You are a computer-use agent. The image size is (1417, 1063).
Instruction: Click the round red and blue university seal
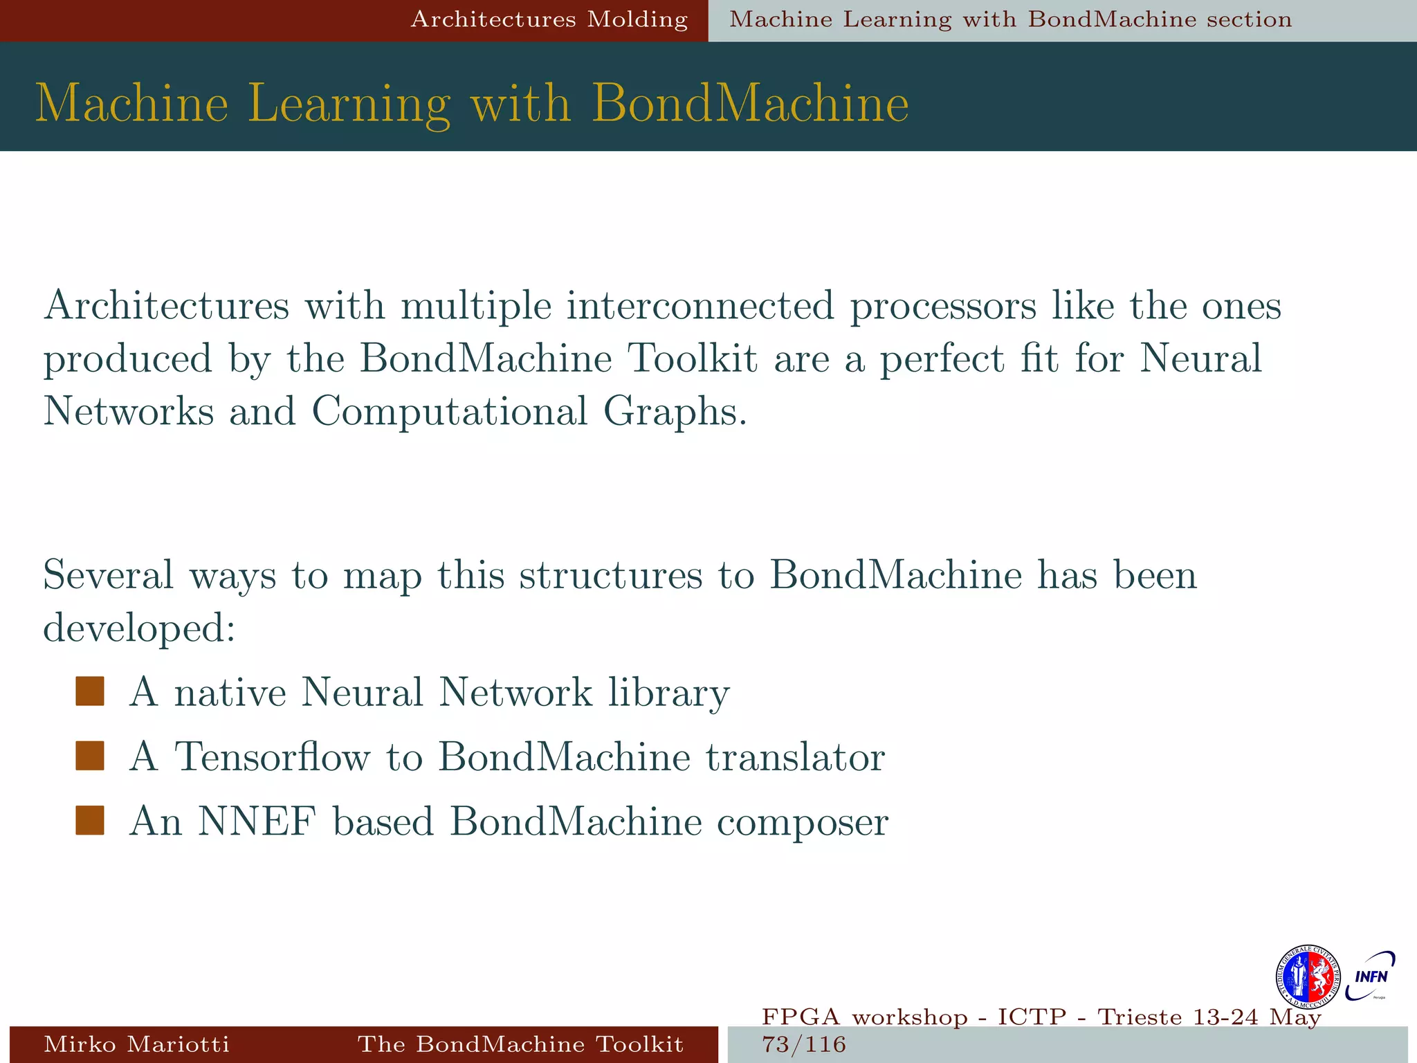1307,976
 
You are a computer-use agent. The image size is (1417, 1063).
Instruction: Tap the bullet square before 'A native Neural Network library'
90,691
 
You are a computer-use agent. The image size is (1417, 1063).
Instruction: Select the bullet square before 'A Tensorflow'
90,756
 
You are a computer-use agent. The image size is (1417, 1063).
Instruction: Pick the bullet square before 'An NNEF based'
90,821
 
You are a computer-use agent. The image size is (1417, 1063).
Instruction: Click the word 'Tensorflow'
272,756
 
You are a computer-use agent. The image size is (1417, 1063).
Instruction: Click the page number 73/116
803,1044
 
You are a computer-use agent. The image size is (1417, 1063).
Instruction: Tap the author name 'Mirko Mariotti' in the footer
136,1044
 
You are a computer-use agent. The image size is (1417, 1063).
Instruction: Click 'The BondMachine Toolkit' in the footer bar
520,1044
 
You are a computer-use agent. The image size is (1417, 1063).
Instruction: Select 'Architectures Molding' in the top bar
549,19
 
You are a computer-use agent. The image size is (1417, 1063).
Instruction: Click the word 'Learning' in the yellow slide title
349,104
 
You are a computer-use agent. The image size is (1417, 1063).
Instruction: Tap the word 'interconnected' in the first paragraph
700,305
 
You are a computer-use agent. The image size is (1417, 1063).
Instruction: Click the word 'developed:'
139,628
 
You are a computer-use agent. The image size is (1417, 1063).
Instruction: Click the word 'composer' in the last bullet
802,821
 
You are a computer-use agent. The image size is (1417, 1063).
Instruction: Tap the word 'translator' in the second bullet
795,756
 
